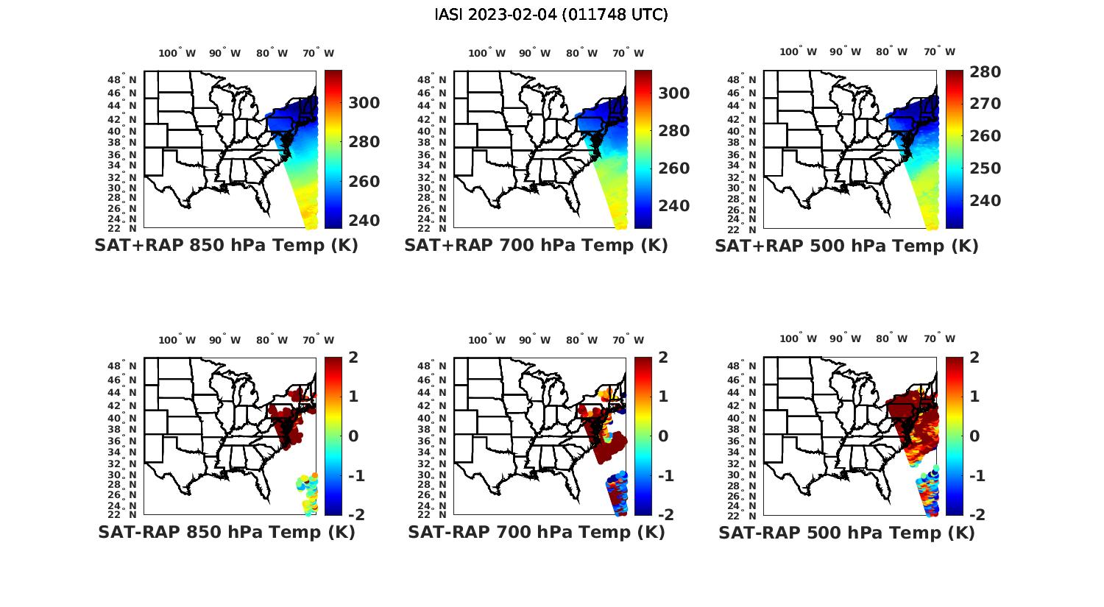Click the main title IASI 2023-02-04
551,15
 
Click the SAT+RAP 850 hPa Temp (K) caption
226,246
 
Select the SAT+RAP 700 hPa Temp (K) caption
536,246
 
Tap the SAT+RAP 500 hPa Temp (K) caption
846,246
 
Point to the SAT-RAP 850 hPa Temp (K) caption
226,533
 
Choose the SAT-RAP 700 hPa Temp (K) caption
536,533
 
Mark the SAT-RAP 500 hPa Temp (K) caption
846,533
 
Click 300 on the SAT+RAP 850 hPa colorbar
364,103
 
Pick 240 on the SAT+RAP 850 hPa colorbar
364,221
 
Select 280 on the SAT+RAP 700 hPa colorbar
674,131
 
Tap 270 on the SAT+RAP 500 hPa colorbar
985,104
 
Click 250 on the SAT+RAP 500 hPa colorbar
985,168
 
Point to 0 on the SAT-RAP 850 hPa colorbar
353,436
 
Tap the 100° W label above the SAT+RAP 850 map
177,53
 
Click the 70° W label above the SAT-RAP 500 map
940,339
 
